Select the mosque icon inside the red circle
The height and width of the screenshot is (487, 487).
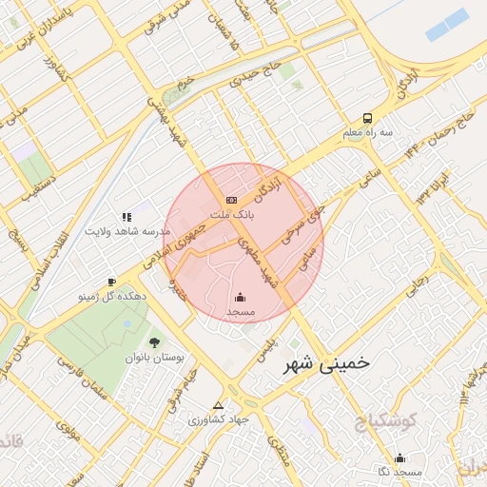click(x=240, y=297)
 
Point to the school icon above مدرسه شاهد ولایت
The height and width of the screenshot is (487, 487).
click(x=127, y=218)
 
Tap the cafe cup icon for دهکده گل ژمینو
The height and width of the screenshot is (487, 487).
click(x=111, y=282)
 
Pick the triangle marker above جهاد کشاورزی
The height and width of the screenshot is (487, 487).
click(x=219, y=404)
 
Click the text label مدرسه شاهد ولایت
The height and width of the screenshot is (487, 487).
click(x=127, y=232)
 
